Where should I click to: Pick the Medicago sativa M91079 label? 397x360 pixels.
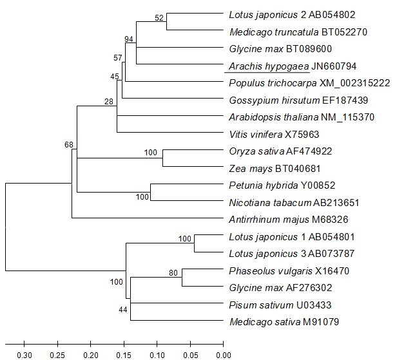point(276,321)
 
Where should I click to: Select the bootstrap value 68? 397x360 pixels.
point(69,144)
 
